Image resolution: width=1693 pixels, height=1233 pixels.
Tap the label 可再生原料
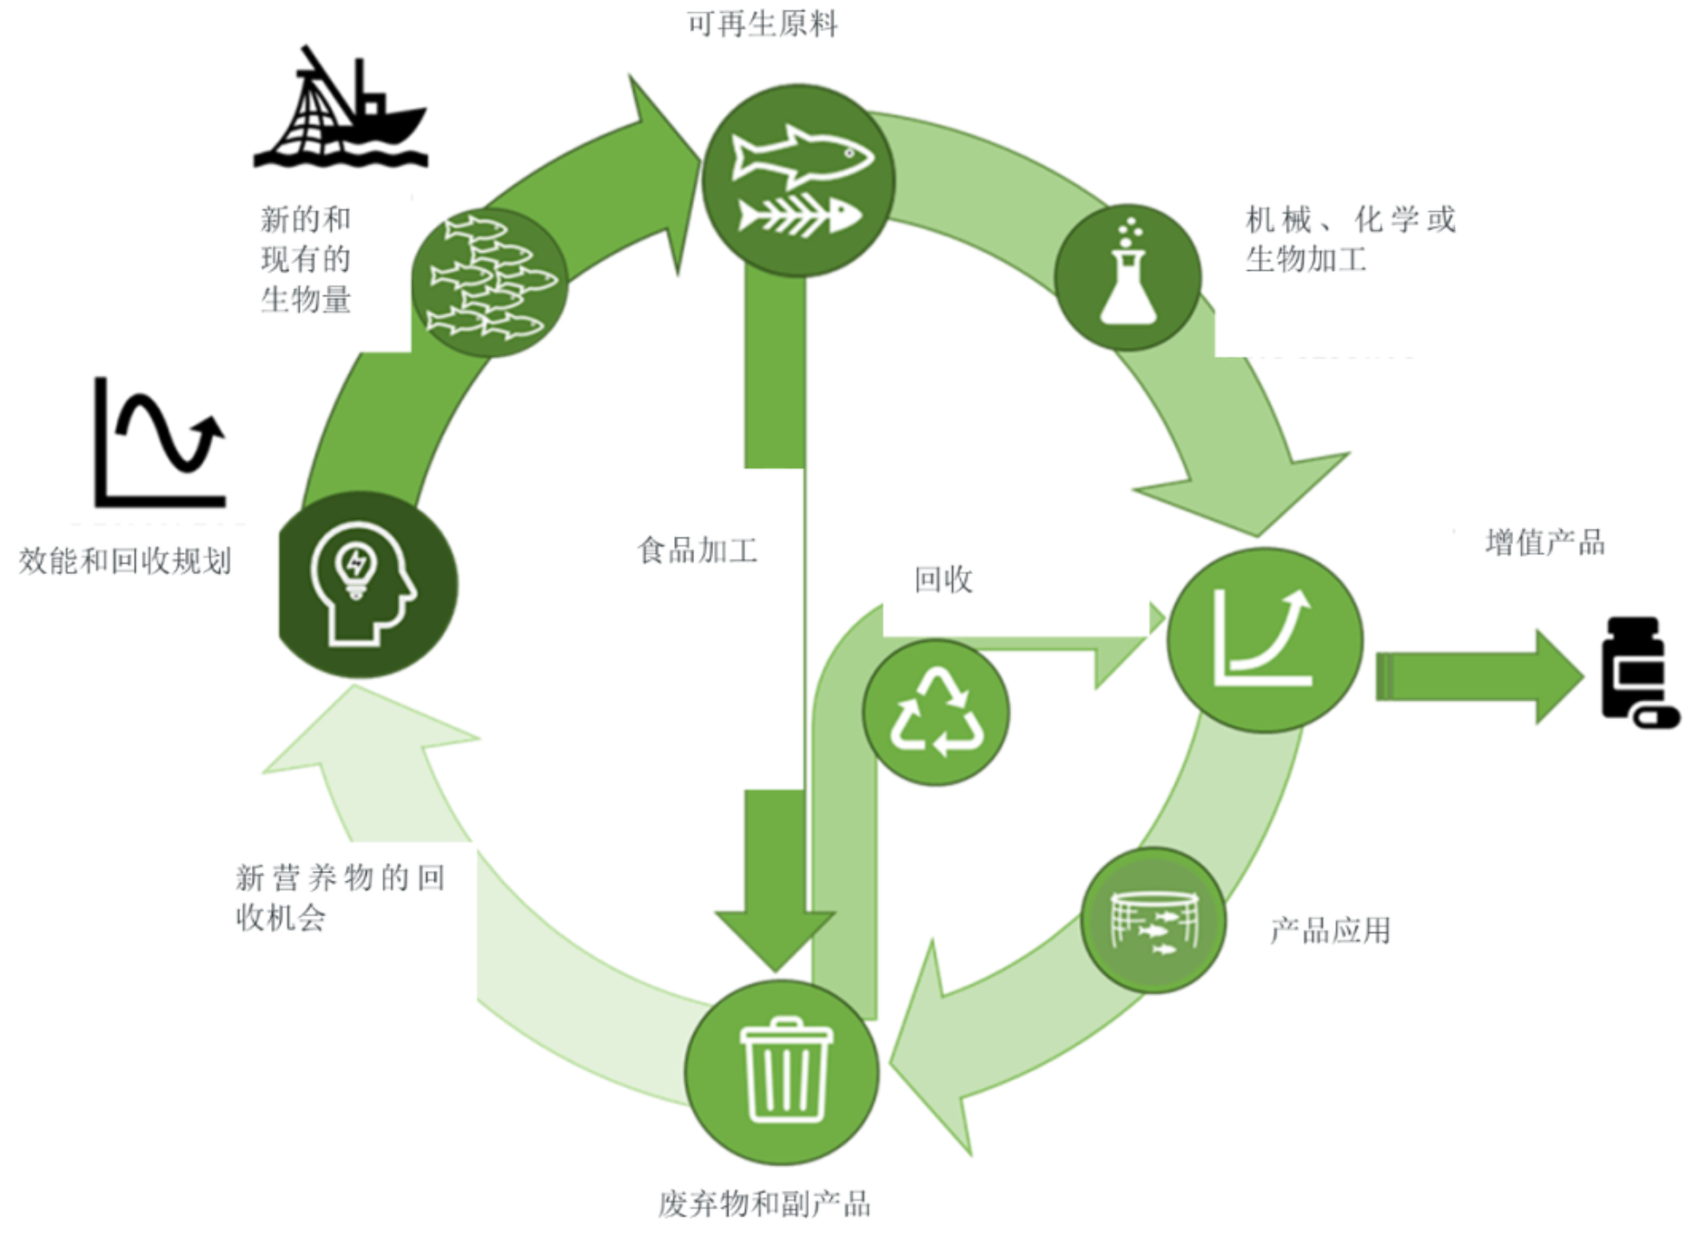[x=762, y=23]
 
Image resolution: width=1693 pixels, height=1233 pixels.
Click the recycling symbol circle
[x=936, y=713]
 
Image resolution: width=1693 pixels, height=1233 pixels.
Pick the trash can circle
[x=782, y=1072]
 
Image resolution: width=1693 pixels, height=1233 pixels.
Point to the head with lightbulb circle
[x=365, y=584]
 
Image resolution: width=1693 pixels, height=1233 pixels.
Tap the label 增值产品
[x=1544, y=543]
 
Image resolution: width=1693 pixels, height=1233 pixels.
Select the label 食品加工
[x=697, y=550]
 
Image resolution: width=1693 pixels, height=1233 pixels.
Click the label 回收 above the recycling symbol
[x=943, y=579]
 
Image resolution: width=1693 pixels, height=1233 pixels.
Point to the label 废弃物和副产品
[x=764, y=1203]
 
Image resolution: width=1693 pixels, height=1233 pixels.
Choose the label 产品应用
[x=1330, y=930]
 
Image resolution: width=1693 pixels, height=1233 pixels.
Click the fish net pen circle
[x=1154, y=920]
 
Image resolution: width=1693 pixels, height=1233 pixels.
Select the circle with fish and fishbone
[x=797, y=181]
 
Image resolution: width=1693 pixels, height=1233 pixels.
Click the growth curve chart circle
[x=1264, y=640]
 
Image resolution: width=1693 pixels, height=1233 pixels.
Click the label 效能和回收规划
[x=125, y=561]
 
